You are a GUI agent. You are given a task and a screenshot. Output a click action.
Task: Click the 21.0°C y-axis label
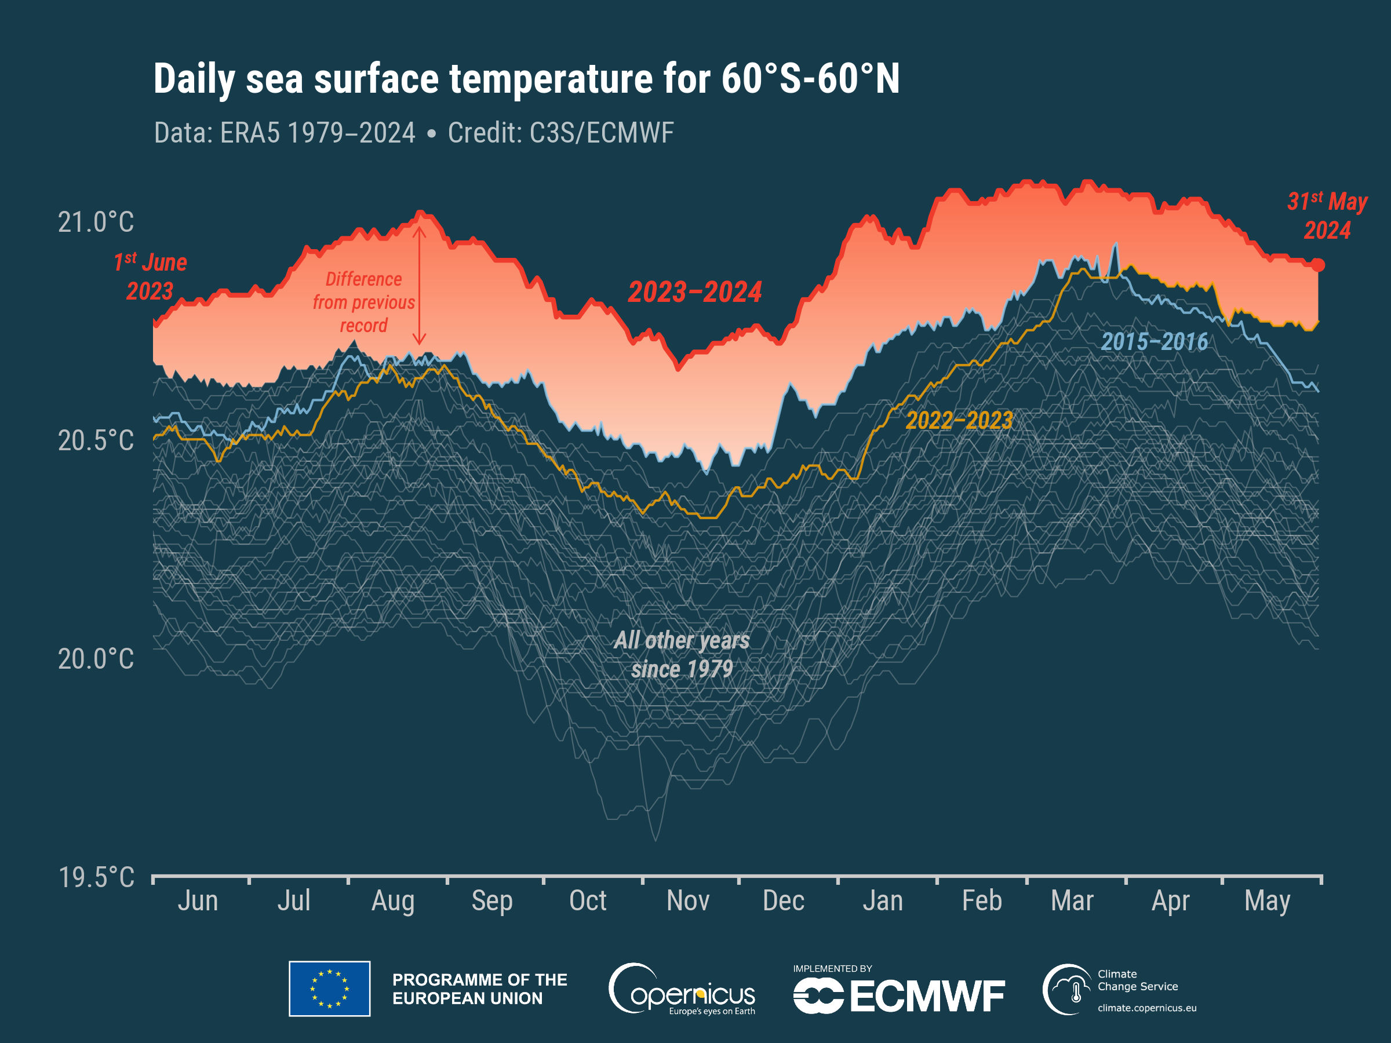tap(96, 223)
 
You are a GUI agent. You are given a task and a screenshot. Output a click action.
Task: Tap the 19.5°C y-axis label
tap(96, 877)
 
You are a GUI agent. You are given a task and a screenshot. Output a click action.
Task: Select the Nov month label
tap(688, 901)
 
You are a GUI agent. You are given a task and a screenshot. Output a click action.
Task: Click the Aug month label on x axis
tap(393, 901)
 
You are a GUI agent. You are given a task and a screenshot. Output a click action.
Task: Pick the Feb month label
tap(982, 901)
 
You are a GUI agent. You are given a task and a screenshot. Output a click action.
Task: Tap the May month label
tap(1267, 901)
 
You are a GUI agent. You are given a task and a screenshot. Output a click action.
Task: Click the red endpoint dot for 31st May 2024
tap(1318, 265)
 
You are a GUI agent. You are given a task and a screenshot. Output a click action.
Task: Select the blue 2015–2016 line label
tap(1155, 342)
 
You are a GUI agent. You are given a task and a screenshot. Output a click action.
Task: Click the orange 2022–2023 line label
tap(959, 421)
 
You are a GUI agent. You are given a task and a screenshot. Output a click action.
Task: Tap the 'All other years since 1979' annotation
tap(682, 654)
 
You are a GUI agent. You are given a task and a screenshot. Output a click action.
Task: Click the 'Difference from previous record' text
tap(363, 302)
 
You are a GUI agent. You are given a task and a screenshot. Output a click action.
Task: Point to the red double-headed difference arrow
tap(420, 286)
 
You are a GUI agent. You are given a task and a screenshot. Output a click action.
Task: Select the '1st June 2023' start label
tap(150, 276)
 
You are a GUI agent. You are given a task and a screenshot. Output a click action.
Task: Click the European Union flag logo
tap(330, 989)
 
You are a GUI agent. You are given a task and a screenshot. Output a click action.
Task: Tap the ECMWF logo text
tap(927, 997)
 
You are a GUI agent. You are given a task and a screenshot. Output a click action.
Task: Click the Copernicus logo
tap(682, 990)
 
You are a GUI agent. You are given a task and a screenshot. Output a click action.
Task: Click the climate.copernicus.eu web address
tap(1147, 1008)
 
